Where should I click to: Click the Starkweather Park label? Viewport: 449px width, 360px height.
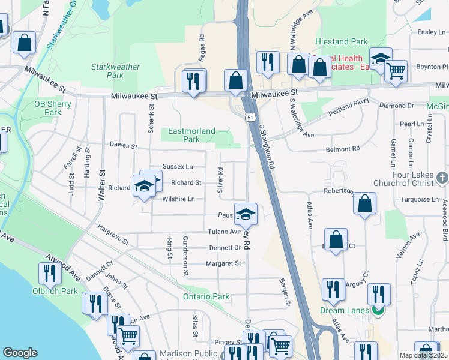point(107,71)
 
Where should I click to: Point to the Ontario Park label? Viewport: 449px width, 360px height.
point(206,296)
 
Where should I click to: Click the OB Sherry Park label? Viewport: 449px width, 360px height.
point(53,107)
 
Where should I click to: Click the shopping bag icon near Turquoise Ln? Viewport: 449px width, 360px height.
point(364,204)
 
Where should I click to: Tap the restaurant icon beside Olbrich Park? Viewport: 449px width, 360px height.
point(49,274)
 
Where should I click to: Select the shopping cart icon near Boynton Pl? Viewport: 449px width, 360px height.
point(396,71)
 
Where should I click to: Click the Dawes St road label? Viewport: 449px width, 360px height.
point(124,145)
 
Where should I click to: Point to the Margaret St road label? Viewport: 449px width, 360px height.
point(223,263)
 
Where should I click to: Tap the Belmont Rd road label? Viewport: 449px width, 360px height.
point(342,148)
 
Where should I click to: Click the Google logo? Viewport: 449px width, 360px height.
point(20,353)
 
